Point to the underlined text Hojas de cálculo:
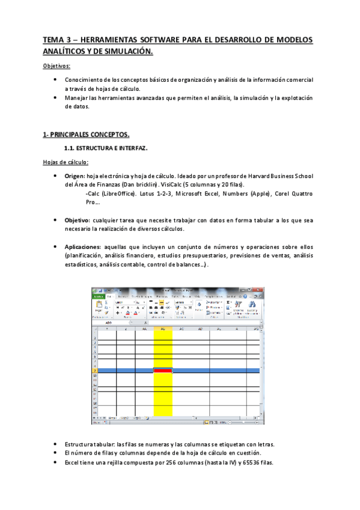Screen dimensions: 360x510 (x=66, y=161)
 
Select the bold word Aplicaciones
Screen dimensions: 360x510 (x=82, y=247)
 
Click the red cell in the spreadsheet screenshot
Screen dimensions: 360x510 (x=163, y=370)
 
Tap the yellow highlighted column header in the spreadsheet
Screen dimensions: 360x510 (x=163, y=329)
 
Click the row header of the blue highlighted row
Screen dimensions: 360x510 (x=94, y=370)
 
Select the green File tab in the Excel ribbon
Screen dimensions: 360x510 (x=98, y=296)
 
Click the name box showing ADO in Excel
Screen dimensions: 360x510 (x=109, y=323)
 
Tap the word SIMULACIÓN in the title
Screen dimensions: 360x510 (x=127, y=52)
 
